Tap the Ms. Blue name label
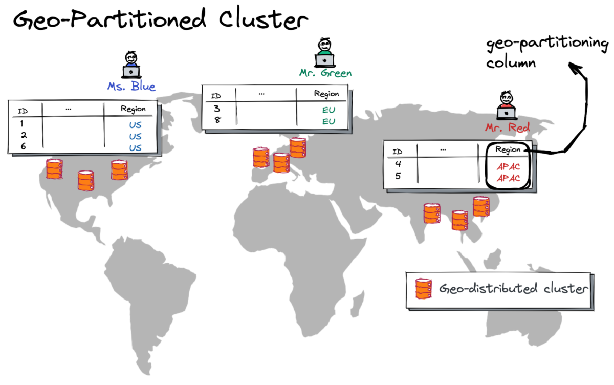131,87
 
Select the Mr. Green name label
325,73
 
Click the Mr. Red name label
508,128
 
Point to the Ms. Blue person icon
131,65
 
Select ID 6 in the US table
22,147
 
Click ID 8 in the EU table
216,121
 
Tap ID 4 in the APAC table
398,164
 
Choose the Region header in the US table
133,109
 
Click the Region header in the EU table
326,94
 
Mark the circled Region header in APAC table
508,150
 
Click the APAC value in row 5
508,178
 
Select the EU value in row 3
328,109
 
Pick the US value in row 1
135,124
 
